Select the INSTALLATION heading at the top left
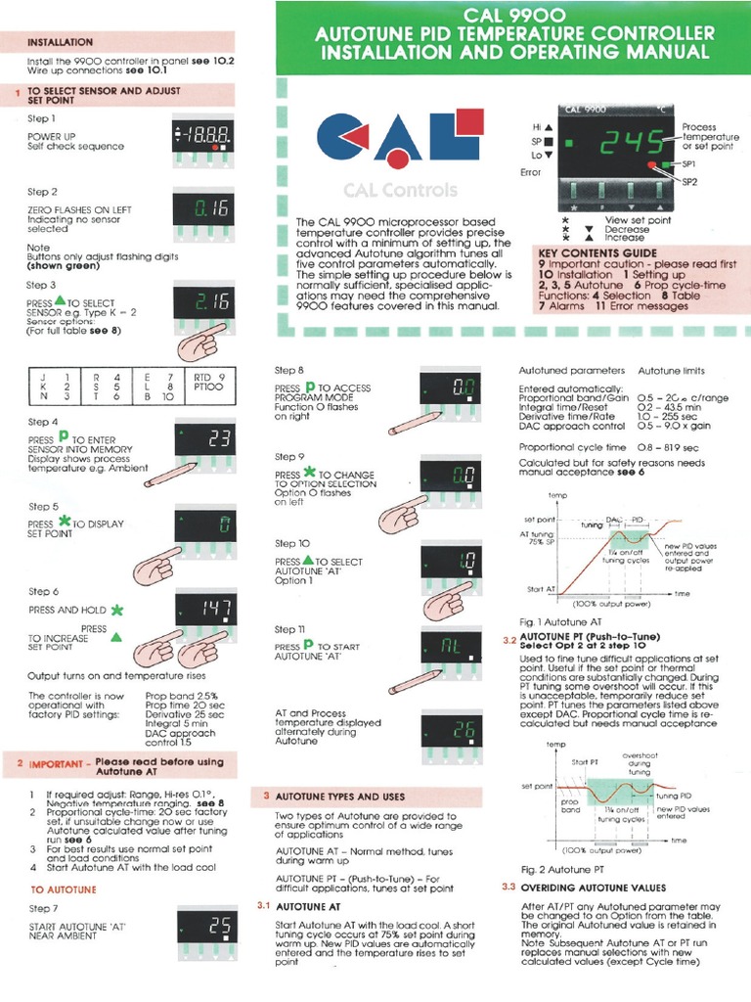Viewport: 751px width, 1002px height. point(61,43)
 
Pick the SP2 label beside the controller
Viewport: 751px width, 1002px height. point(689,182)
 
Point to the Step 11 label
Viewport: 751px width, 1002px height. point(289,629)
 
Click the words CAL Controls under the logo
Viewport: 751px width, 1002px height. point(386,190)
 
